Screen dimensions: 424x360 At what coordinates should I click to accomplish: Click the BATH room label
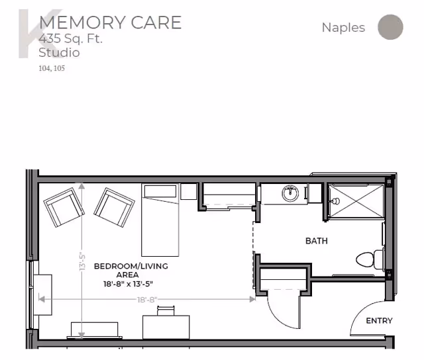coord(317,241)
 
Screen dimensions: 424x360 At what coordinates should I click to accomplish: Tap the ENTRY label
coord(379,320)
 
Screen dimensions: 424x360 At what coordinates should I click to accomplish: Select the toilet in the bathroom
coord(370,259)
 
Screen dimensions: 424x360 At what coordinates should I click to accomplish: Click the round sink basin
coord(290,193)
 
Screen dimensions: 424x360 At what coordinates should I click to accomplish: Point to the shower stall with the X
coord(356,201)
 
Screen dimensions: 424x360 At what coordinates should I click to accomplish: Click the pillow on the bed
coord(160,191)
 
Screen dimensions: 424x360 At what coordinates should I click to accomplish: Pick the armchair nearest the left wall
coord(64,207)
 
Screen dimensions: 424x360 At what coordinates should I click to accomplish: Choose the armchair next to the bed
coord(114,207)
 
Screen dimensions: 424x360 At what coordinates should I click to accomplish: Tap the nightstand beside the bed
coord(188,191)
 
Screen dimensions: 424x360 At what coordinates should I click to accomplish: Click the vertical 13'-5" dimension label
coord(82,261)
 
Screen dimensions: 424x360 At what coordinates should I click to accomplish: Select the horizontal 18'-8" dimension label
coord(147,300)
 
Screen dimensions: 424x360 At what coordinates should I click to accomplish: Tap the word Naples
coord(343,28)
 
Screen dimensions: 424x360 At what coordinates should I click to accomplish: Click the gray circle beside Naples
coord(390,27)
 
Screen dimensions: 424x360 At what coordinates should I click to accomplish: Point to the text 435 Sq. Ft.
coord(71,38)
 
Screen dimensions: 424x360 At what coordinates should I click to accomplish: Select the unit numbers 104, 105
coord(52,68)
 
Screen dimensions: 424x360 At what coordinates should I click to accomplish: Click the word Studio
coord(59,52)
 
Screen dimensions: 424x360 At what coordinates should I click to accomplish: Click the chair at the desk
coord(166,310)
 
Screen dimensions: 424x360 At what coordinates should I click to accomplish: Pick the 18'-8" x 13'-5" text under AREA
coord(128,284)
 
